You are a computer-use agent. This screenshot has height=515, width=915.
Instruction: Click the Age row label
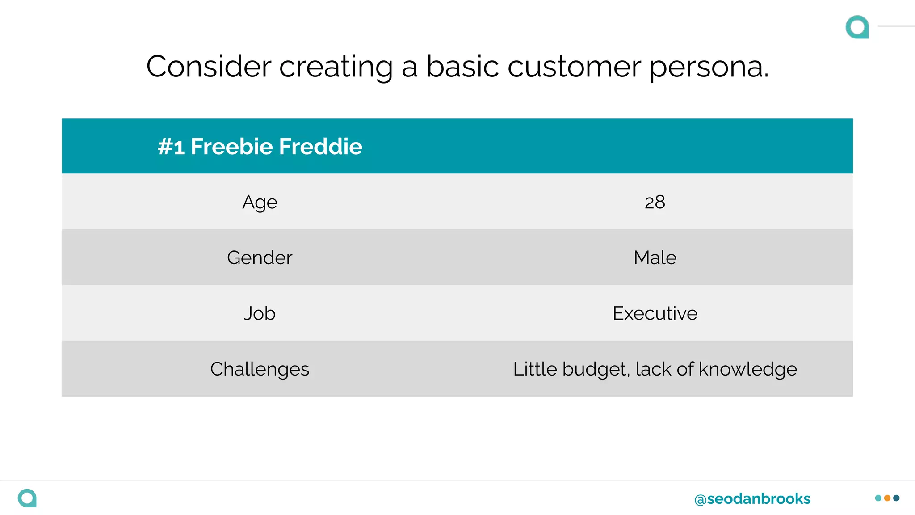260,203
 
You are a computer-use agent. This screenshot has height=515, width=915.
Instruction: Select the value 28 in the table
655,203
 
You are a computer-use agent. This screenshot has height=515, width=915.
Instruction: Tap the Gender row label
260,258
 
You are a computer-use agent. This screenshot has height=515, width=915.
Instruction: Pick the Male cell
655,258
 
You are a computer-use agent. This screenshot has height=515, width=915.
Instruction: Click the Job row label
260,313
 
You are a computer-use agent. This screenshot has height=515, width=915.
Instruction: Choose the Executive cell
655,313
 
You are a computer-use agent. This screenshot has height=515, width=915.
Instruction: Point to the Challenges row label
260,369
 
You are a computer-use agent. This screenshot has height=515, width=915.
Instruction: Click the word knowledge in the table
747,369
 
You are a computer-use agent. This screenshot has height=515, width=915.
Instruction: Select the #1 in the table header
171,147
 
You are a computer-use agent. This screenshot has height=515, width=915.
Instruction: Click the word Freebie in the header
231,147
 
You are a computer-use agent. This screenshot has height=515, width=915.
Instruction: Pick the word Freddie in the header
321,147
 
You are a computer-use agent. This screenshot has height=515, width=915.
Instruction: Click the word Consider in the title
209,67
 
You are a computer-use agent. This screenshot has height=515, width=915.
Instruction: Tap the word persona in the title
708,67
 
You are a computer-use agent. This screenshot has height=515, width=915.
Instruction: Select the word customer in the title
574,67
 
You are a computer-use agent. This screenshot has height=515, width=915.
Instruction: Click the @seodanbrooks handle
752,498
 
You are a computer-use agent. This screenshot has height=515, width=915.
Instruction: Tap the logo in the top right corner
857,27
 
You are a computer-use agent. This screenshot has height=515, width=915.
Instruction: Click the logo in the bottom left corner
27,498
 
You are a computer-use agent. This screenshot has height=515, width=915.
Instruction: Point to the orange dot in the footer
887,498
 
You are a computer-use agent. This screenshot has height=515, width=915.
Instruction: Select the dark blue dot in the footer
896,498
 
